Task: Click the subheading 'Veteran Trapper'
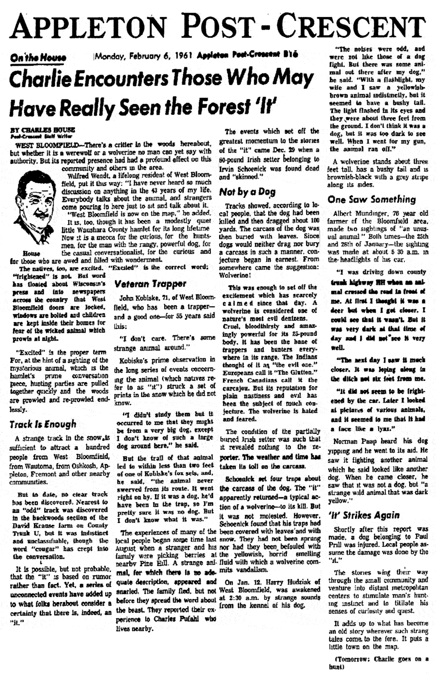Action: tap(146, 282)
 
